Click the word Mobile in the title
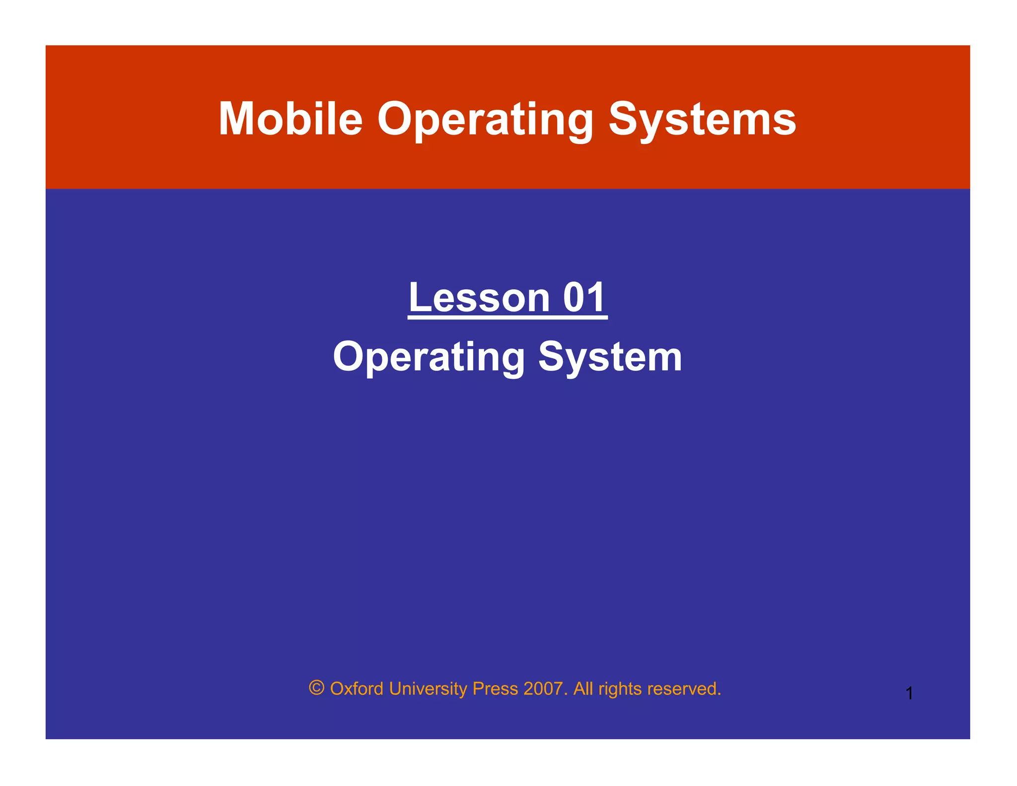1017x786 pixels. (x=291, y=119)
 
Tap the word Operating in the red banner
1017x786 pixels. (x=485, y=120)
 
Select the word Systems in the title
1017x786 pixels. (x=702, y=120)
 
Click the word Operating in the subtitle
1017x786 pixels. (x=429, y=357)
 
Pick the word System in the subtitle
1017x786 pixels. (x=610, y=357)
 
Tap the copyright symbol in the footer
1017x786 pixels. (x=317, y=688)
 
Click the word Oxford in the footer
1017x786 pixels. (x=357, y=689)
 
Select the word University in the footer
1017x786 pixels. (x=428, y=689)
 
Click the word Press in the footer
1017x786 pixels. (x=495, y=689)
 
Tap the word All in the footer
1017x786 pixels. (x=583, y=689)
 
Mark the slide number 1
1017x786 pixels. (x=909, y=693)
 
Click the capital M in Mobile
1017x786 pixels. (x=237, y=119)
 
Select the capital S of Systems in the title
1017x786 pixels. (x=624, y=119)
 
